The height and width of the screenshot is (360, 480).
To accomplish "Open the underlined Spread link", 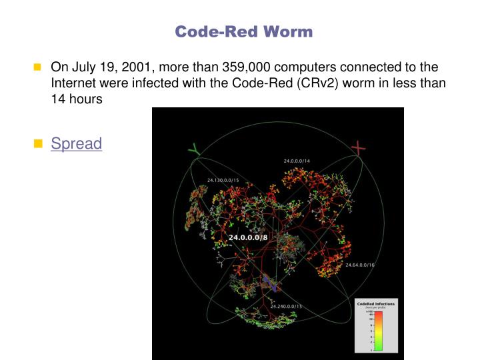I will click(77, 143).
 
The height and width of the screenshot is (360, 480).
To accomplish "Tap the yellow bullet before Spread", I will click(37, 143).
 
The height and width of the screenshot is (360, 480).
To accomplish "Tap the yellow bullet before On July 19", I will click(37, 68).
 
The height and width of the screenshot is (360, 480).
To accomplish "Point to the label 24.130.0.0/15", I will click(223, 180).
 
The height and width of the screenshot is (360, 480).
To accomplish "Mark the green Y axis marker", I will click(193, 151).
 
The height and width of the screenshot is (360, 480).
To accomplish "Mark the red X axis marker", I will click(359, 147).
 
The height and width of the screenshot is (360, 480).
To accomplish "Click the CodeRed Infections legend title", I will click(376, 303).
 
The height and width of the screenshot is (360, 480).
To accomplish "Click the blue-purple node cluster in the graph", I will click(270, 283).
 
